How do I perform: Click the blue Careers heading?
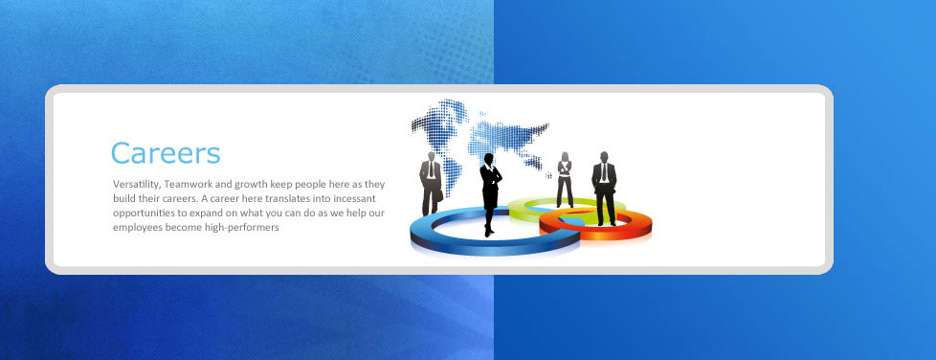pos(166,153)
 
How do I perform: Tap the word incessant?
pos(355,199)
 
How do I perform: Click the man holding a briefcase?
pos(431,183)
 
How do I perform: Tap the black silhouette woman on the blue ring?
pos(490,194)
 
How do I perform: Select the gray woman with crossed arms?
pos(565,179)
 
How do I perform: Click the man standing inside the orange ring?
pos(604,188)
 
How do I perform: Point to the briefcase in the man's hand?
pos(439,195)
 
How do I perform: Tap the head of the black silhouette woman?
pos(489,159)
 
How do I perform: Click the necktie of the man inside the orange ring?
pos(604,171)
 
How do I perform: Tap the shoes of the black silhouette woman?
pos(489,232)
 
